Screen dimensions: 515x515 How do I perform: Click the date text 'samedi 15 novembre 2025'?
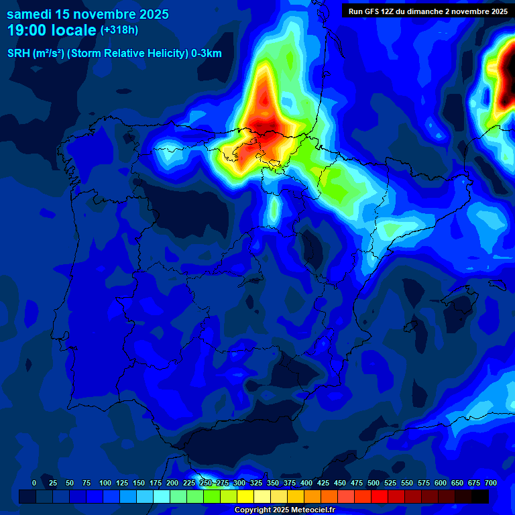[87, 13]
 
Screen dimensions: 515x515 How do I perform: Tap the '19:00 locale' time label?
[52, 30]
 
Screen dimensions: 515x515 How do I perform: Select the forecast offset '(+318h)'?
[119, 30]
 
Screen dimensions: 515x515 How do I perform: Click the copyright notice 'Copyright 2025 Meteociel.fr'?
[284, 510]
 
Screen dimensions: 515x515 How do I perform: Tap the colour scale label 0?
[34, 483]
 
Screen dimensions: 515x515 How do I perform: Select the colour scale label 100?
[105, 483]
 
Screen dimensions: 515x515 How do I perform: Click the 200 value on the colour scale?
[172, 483]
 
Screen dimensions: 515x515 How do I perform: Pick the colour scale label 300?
[239, 483]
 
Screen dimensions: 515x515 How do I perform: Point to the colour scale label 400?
[306, 483]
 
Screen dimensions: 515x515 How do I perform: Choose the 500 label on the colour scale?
[374, 483]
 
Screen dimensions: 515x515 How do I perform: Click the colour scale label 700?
[491, 483]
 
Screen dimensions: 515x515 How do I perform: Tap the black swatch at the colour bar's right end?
[480, 496]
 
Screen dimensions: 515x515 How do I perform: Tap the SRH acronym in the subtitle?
[18, 54]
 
